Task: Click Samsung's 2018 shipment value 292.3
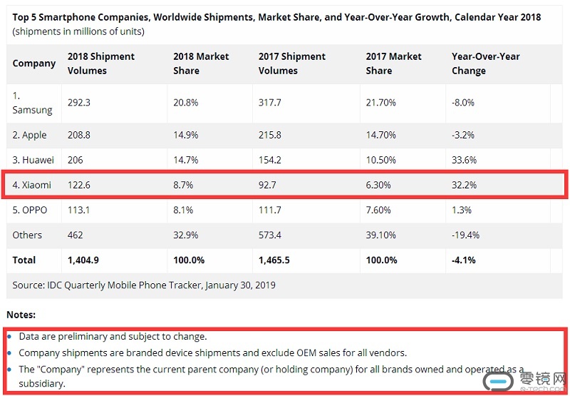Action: pos(78,103)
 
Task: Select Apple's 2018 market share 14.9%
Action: pos(187,135)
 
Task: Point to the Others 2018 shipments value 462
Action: pos(75,235)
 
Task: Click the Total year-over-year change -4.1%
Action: pos(465,260)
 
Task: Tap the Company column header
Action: pos(34,64)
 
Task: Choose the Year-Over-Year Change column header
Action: pos(485,64)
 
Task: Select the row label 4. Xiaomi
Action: pos(32,185)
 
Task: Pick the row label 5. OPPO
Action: pos(31,210)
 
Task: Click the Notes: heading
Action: pos(21,315)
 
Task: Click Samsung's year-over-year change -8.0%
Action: pos(463,103)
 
